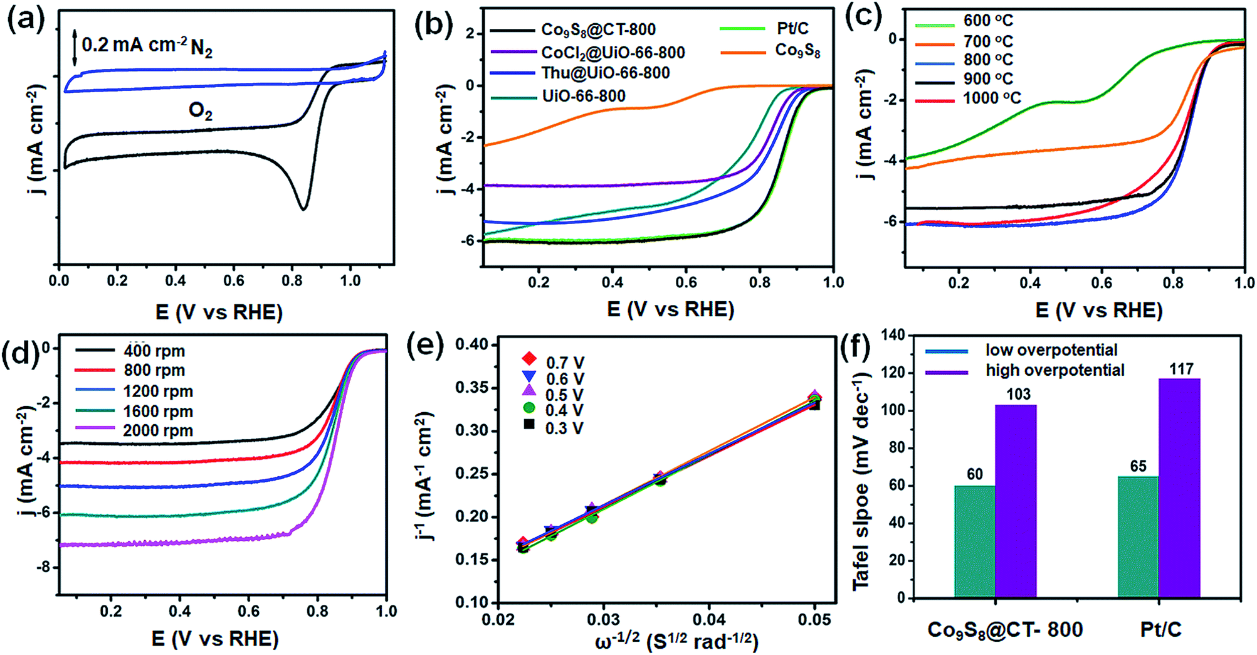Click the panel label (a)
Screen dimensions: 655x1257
26,21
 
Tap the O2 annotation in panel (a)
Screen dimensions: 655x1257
201,111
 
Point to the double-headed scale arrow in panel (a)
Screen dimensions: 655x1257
75,48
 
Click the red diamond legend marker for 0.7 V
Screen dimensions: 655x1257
530,359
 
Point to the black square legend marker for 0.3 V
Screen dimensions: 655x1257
530,425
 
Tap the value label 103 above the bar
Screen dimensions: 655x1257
1018,394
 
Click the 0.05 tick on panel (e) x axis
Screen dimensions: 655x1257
814,620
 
